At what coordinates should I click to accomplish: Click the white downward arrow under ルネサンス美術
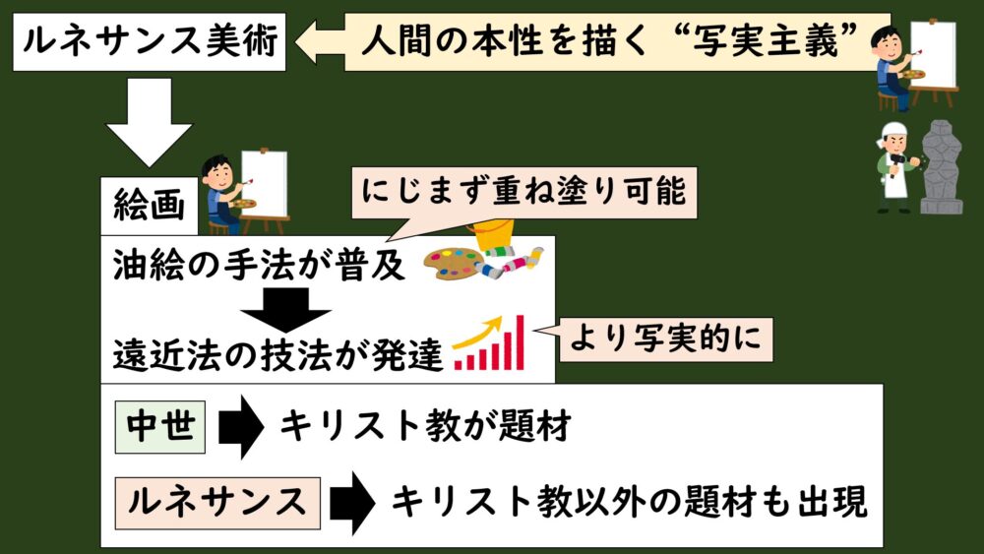pyautogui.click(x=149, y=121)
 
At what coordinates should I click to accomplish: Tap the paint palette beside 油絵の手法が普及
pyautogui.click(x=455, y=264)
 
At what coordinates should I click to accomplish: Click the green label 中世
pyautogui.click(x=159, y=425)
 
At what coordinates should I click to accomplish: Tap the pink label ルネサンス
pyautogui.click(x=217, y=502)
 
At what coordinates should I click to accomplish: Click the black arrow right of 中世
pyautogui.click(x=240, y=427)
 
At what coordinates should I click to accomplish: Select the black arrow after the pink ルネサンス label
pyautogui.click(x=351, y=503)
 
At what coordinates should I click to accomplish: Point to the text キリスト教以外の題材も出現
pyautogui.click(x=630, y=503)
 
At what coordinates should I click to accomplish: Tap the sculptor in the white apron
pyautogui.click(x=894, y=168)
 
